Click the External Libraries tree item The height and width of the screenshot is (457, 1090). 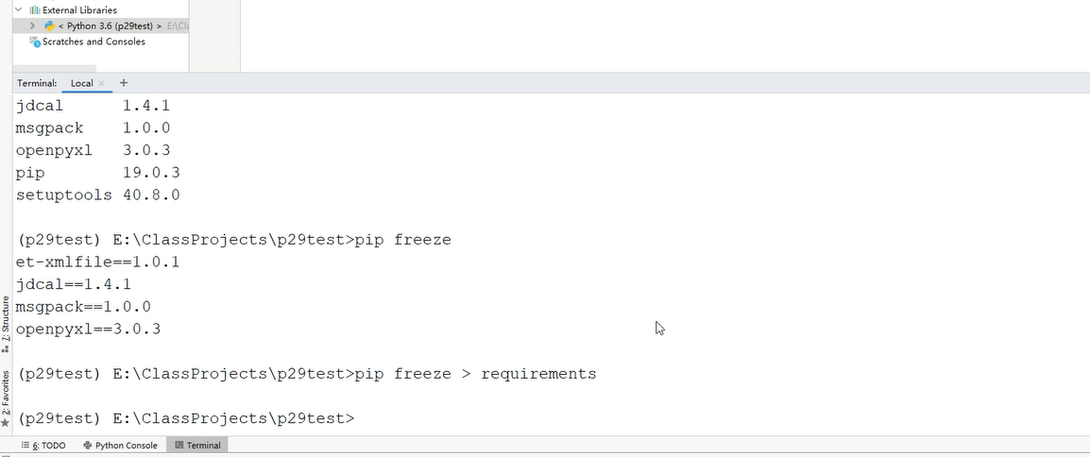click(x=79, y=9)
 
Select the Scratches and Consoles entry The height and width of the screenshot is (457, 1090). click(x=94, y=42)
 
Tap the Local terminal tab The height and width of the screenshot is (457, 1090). click(x=81, y=83)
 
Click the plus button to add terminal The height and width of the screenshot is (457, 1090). click(x=124, y=83)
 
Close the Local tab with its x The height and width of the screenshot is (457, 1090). click(x=101, y=83)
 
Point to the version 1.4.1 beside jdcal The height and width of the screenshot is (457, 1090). click(x=145, y=106)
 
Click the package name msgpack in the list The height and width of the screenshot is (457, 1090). click(x=49, y=128)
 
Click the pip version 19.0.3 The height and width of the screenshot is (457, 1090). click(x=150, y=173)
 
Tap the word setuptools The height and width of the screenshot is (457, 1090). click(x=63, y=195)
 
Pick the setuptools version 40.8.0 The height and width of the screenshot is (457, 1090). click(x=150, y=195)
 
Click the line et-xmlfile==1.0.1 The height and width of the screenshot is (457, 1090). click(x=97, y=262)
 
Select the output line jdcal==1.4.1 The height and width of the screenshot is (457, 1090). click(x=73, y=284)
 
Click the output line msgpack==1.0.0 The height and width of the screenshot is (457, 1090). click(x=83, y=307)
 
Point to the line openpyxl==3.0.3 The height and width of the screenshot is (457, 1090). click(x=88, y=330)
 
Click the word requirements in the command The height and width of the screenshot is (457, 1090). click(x=538, y=374)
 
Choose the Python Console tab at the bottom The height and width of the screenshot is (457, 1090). click(x=120, y=446)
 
